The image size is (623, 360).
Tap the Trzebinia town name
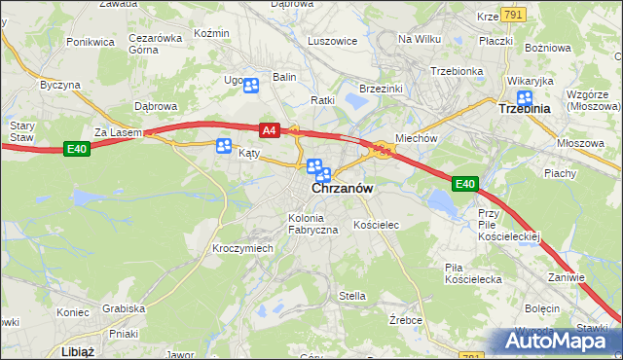tap(524, 109)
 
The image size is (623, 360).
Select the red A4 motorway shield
tap(270, 129)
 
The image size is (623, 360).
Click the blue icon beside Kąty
tap(223, 147)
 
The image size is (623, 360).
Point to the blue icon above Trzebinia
tap(525, 96)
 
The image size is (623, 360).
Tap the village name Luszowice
tap(332, 42)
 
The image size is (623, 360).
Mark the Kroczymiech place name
tap(242, 248)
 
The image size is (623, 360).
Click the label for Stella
tap(351, 296)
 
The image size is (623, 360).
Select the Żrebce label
tap(404, 319)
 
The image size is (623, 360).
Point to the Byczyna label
tap(59, 85)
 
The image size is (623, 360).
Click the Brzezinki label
tap(382, 89)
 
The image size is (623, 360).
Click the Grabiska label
tap(124, 308)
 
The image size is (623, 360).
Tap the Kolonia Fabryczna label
tap(311, 223)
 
